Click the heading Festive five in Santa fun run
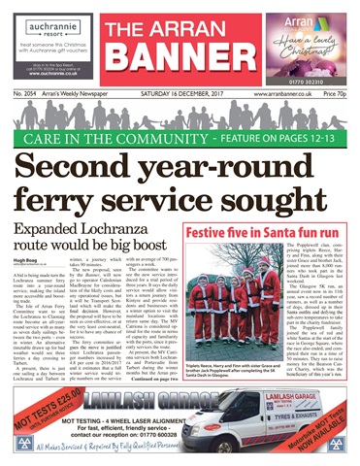(x=267, y=233)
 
